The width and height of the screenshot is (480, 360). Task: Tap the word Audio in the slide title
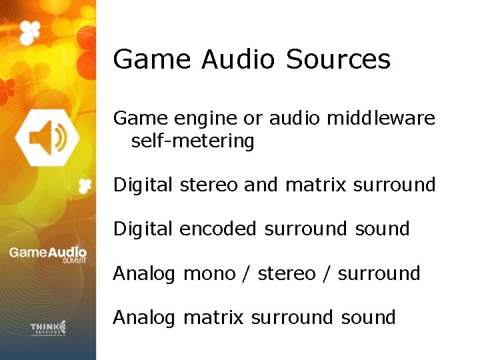pyautogui.click(x=237, y=59)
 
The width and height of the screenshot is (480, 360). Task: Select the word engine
pyautogui.click(x=203, y=119)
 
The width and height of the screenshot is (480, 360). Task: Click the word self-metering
pyautogui.click(x=193, y=141)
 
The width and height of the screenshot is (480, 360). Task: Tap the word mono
pyautogui.click(x=209, y=273)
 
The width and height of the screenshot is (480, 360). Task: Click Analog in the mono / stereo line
pyautogui.click(x=145, y=273)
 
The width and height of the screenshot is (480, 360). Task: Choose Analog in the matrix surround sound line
pyautogui.click(x=145, y=317)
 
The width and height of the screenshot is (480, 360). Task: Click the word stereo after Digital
pyautogui.click(x=209, y=185)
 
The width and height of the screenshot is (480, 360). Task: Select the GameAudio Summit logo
pyautogui.click(x=48, y=255)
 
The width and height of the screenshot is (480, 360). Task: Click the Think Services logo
pyautogui.click(x=48, y=327)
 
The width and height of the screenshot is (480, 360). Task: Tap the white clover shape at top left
pyautogui.click(x=29, y=31)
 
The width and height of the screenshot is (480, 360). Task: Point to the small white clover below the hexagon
pyautogui.click(x=84, y=186)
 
